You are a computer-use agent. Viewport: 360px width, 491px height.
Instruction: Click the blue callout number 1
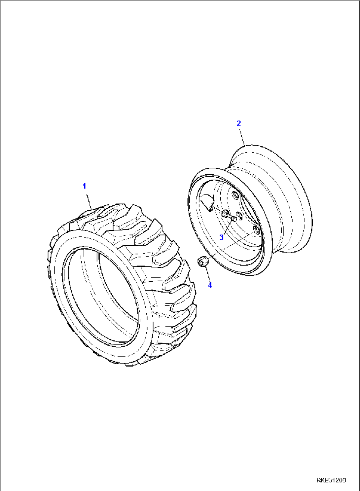tap(84, 186)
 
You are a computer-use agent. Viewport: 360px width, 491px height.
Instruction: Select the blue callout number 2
tap(239, 123)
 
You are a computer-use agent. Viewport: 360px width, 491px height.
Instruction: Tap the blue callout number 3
tap(222, 237)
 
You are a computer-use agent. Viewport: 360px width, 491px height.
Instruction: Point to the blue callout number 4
tap(210, 285)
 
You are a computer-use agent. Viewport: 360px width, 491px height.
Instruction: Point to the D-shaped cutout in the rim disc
tap(207, 202)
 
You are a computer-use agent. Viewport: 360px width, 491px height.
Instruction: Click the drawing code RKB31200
tap(331, 480)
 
